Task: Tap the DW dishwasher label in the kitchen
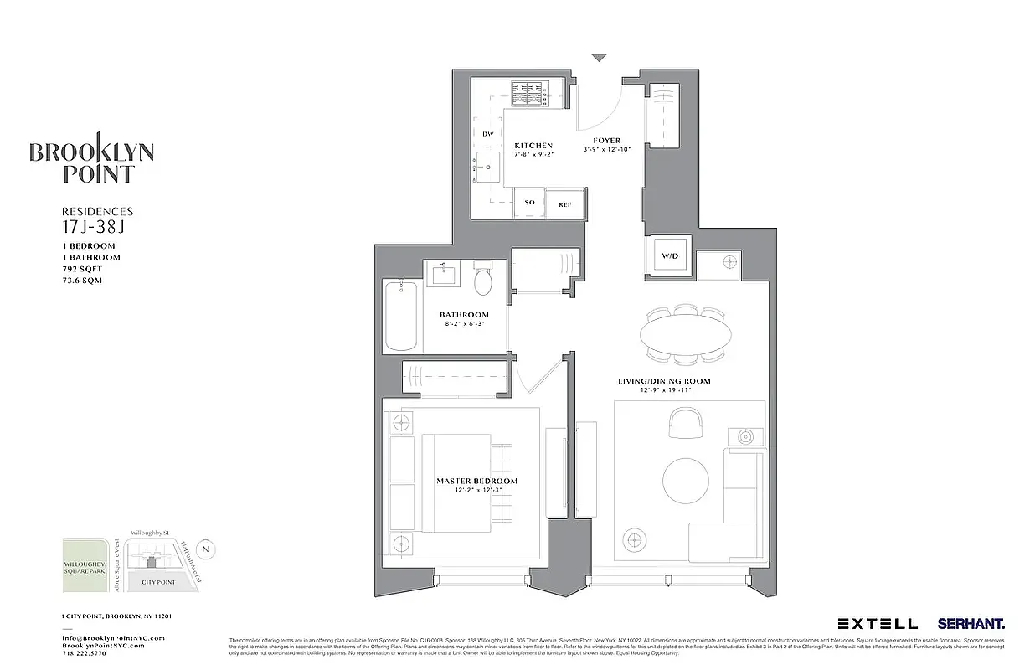coord(487,135)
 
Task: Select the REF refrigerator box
coord(564,203)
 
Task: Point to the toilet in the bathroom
coord(483,281)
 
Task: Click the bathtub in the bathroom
coord(401,315)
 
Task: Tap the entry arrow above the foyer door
coord(598,58)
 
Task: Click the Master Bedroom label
coord(476,481)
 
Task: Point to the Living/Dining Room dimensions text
coord(664,391)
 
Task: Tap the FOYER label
coord(606,141)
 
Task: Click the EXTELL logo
coord(877,623)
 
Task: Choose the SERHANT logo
coord(971,623)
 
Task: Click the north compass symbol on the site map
coord(208,549)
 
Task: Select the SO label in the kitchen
coord(529,203)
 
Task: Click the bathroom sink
coord(442,274)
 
